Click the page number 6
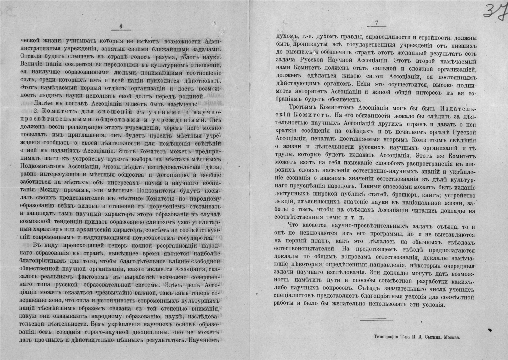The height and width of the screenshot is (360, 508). point(121,27)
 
